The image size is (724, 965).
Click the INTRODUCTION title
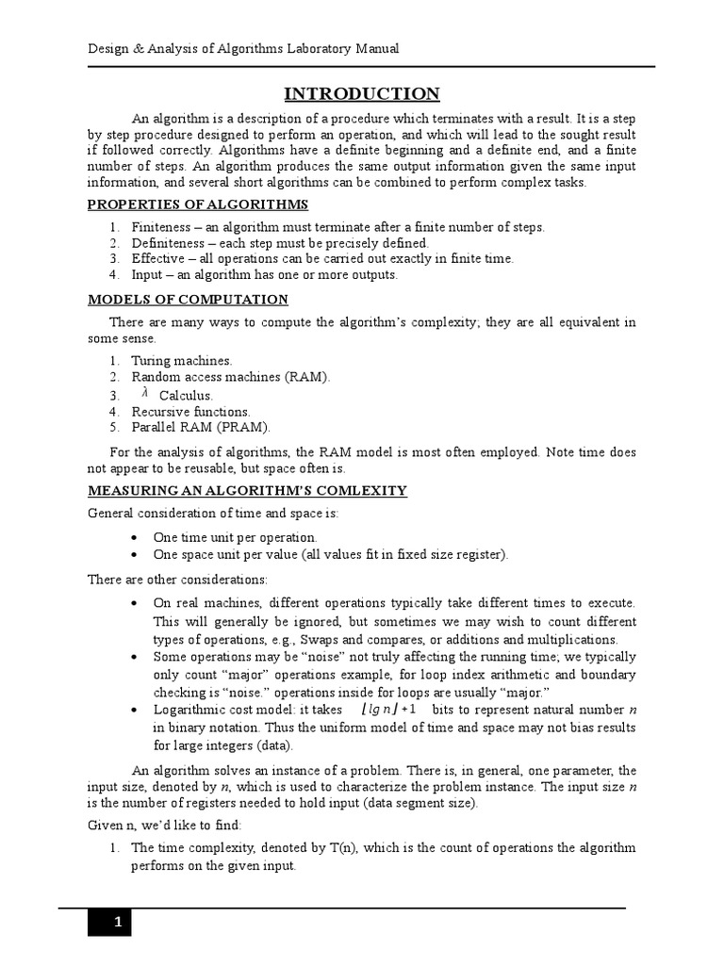pyautogui.click(x=362, y=93)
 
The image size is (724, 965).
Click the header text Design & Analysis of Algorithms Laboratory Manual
pyautogui.click(x=244, y=49)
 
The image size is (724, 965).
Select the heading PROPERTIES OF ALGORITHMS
pyautogui.click(x=198, y=204)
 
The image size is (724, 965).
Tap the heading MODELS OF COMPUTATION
pyautogui.click(x=188, y=300)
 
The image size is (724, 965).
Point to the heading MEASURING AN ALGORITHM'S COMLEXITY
pyautogui.click(x=247, y=490)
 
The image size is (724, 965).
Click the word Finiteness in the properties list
pyautogui.click(x=160, y=227)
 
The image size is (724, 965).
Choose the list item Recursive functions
pyautogui.click(x=190, y=411)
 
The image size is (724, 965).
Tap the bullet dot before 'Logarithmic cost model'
pyautogui.click(x=137, y=710)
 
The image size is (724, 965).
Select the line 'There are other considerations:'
pyautogui.click(x=177, y=578)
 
